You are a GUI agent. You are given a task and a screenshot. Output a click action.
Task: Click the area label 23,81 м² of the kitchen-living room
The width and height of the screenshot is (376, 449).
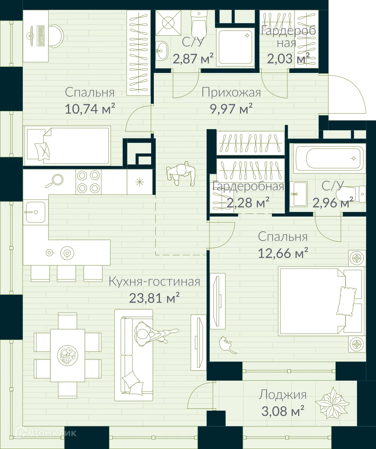click(154, 299)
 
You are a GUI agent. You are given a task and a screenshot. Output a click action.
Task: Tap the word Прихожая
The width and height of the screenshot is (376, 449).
click(231, 92)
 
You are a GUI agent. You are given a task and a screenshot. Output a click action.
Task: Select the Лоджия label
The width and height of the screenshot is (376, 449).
click(282, 395)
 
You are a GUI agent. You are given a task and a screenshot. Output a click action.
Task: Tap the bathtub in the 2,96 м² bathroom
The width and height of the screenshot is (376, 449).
click(328, 158)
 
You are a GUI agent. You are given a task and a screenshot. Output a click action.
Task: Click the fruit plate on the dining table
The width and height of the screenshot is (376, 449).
click(68, 355)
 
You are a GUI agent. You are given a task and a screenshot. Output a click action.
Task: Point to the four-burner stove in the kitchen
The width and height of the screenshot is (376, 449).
click(89, 182)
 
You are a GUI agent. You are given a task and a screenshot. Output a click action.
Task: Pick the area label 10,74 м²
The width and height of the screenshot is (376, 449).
click(89, 109)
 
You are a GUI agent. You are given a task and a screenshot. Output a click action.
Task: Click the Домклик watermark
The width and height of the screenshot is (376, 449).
click(49, 433)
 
